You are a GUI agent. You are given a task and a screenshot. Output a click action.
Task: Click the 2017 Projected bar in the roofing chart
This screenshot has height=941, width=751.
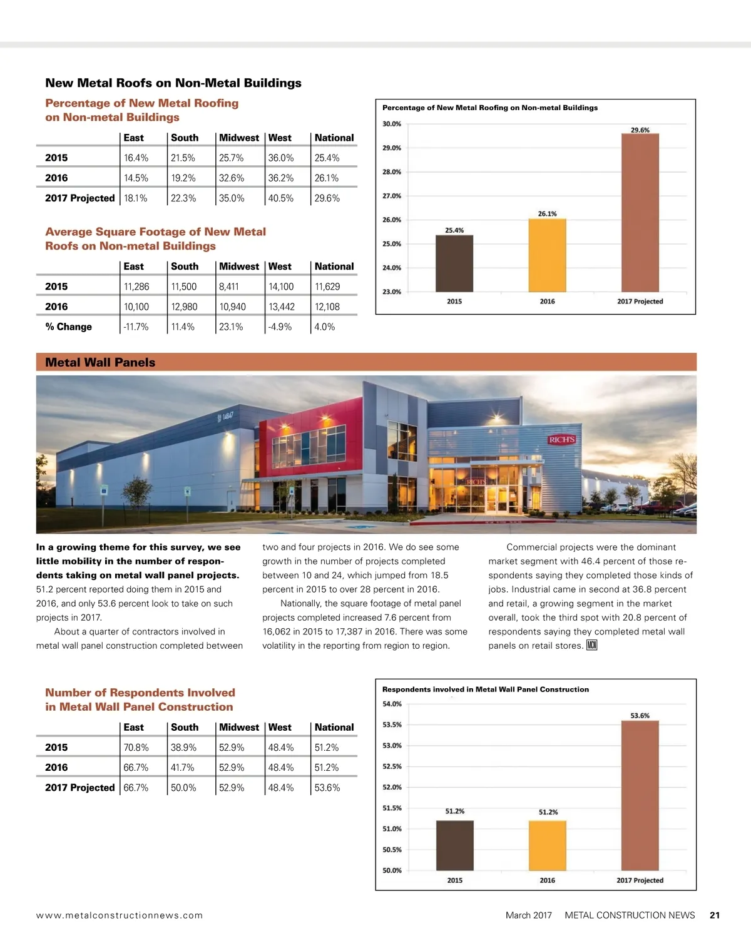tap(640, 213)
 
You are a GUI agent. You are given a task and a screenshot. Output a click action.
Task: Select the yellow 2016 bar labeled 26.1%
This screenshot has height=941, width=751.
tap(547, 255)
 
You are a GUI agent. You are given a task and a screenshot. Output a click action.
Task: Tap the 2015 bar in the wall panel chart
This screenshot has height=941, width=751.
tap(455, 845)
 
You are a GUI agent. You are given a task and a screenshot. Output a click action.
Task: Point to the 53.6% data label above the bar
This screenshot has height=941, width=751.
tap(640, 715)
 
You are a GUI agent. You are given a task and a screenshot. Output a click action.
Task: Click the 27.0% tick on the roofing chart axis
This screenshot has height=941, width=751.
tap(392, 196)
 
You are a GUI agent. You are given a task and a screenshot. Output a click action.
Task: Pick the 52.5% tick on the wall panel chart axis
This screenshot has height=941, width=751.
tap(392, 766)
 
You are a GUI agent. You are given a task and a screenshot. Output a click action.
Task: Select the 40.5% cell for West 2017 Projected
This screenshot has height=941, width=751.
tap(281, 198)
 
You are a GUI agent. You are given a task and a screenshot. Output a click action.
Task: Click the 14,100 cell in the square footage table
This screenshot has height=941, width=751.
tap(281, 287)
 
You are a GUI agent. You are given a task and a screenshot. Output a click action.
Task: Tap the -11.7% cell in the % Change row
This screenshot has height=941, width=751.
tap(136, 327)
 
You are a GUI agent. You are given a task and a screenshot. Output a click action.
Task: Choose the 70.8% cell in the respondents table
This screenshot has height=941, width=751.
tap(136, 748)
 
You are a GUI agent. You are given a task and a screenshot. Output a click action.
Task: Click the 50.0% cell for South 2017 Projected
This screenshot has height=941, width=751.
tap(183, 788)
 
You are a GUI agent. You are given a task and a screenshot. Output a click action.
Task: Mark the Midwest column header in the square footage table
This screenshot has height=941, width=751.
tap(239, 267)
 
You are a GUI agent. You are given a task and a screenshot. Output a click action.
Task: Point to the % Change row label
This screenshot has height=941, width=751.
tap(68, 327)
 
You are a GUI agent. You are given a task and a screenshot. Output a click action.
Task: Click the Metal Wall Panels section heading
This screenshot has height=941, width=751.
tap(100, 362)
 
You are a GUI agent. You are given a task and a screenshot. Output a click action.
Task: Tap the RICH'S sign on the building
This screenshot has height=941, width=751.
tap(561, 440)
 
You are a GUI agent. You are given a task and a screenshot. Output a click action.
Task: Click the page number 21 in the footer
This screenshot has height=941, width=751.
tap(715, 915)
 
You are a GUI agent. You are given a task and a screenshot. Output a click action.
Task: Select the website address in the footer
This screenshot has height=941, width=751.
tap(120, 915)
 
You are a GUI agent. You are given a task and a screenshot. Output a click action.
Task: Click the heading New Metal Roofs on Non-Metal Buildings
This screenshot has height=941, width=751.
tap(173, 83)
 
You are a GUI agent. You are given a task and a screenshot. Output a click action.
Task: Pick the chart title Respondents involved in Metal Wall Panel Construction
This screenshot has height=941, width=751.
tap(486, 689)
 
